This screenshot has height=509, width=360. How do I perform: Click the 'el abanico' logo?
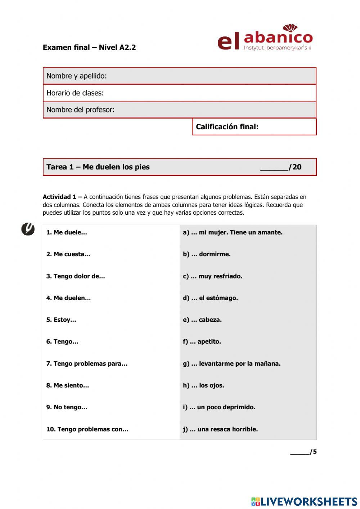click(265, 38)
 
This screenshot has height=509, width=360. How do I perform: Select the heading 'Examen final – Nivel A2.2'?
click(89, 48)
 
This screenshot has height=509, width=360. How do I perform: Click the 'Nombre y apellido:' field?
click(179, 76)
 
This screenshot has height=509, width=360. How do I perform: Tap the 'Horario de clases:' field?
click(179, 93)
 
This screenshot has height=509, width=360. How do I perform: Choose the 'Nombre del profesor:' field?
click(179, 110)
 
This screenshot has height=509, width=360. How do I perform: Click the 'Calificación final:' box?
click(254, 127)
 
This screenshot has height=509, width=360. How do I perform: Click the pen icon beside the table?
click(28, 229)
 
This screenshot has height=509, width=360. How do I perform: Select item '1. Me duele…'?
click(67, 233)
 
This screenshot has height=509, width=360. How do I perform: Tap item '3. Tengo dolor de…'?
click(76, 276)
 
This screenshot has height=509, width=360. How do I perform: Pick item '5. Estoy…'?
click(61, 320)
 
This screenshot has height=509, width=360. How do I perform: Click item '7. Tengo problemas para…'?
click(87, 364)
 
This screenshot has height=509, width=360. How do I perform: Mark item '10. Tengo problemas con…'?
click(87, 429)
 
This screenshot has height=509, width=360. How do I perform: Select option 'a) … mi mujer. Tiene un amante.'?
click(233, 233)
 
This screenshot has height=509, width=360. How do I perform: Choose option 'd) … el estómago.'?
click(210, 298)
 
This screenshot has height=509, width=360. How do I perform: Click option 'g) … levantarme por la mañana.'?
click(231, 364)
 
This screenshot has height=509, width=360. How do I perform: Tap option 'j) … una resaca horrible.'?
click(220, 429)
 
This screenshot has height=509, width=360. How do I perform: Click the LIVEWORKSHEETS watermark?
click(304, 501)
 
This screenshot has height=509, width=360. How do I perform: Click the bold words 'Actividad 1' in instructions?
click(59, 197)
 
